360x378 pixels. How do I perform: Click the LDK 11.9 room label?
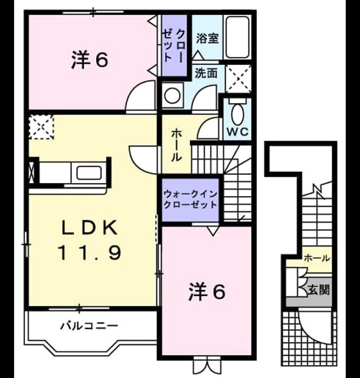pyautogui.click(x=90, y=240)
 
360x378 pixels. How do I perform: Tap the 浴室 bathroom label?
pyautogui.click(x=207, y=38)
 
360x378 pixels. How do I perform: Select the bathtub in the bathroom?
pyautogui.click(x=238, y=37)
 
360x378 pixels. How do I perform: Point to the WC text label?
pyautogui.click(x=238, y=132)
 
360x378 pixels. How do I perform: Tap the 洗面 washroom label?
pyautogui.click(x=206, y=73)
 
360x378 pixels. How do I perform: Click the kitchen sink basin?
pyautogui.click(x=89, y=173)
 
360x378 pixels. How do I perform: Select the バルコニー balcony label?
pyautogui.click(x=89, y=326)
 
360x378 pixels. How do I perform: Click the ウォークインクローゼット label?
pyautogui.click(x=191, y=200)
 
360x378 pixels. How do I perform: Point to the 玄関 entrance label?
pyautogui.click(x=319, y=289)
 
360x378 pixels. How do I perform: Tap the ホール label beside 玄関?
pyautogui.click(x=317, y=258)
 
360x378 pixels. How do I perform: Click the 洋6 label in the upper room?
pyautogui.click(x=90, y=60)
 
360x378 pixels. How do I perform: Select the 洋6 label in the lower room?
pyautogui.click(x=207, y=292)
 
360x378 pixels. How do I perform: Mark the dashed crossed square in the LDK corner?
pyautogui.click(x=41, y=127)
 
